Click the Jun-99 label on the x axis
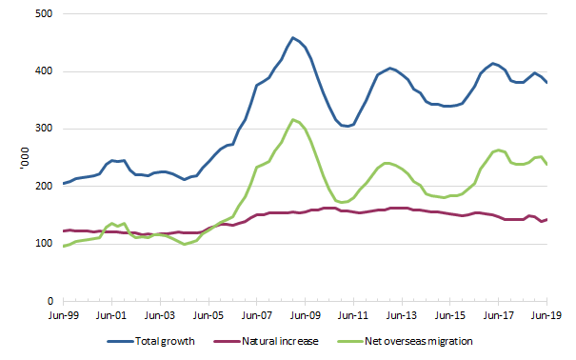(x=63, y=315)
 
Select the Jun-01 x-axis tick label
(x=111, y=315)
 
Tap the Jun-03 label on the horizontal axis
(x=160, y=315)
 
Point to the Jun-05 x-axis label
(x=209, y=315)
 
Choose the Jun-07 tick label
(x=257, y=315)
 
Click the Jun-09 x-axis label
(x=305, y=315)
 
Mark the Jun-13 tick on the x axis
(x=402, y=315)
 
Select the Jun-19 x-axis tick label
(x=546, y=315)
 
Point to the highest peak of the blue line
(x=293, y=38)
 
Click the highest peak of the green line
(x=293, y=119)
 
